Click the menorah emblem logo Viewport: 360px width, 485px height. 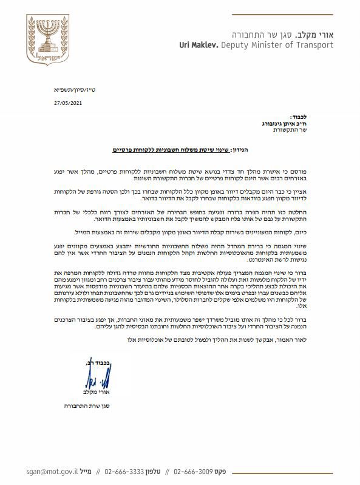46,38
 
